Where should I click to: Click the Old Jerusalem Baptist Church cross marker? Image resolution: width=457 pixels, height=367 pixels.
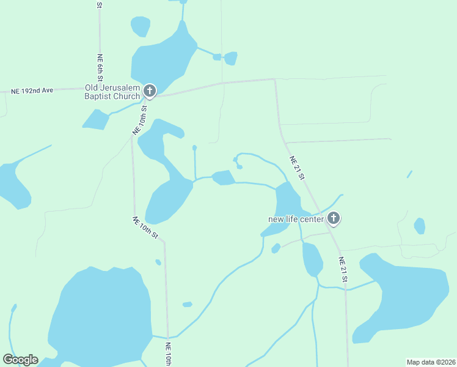tap(150, 91)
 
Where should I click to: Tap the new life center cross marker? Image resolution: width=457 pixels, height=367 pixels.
tap(334, 218)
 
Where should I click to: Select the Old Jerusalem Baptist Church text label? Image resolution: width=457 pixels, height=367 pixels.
tap(113, 91)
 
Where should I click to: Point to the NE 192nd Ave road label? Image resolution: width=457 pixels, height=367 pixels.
tap(32, 91)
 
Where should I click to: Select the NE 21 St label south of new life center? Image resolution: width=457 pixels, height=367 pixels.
tap(343, 269)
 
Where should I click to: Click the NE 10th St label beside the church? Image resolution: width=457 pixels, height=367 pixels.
tap(141, 120)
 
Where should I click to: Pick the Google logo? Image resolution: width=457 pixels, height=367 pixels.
tap(20, 360)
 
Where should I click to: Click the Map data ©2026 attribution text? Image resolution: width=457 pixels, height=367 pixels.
tap(431, 362)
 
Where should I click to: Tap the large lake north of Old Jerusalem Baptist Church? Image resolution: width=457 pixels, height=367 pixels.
tap(162, 58)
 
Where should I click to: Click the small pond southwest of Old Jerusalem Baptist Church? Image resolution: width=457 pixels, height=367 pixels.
tap(95, 120)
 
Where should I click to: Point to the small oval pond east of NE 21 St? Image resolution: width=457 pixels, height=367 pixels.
tap(419, 226)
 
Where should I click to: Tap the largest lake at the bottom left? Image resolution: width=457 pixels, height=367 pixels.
tap(101, 318)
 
